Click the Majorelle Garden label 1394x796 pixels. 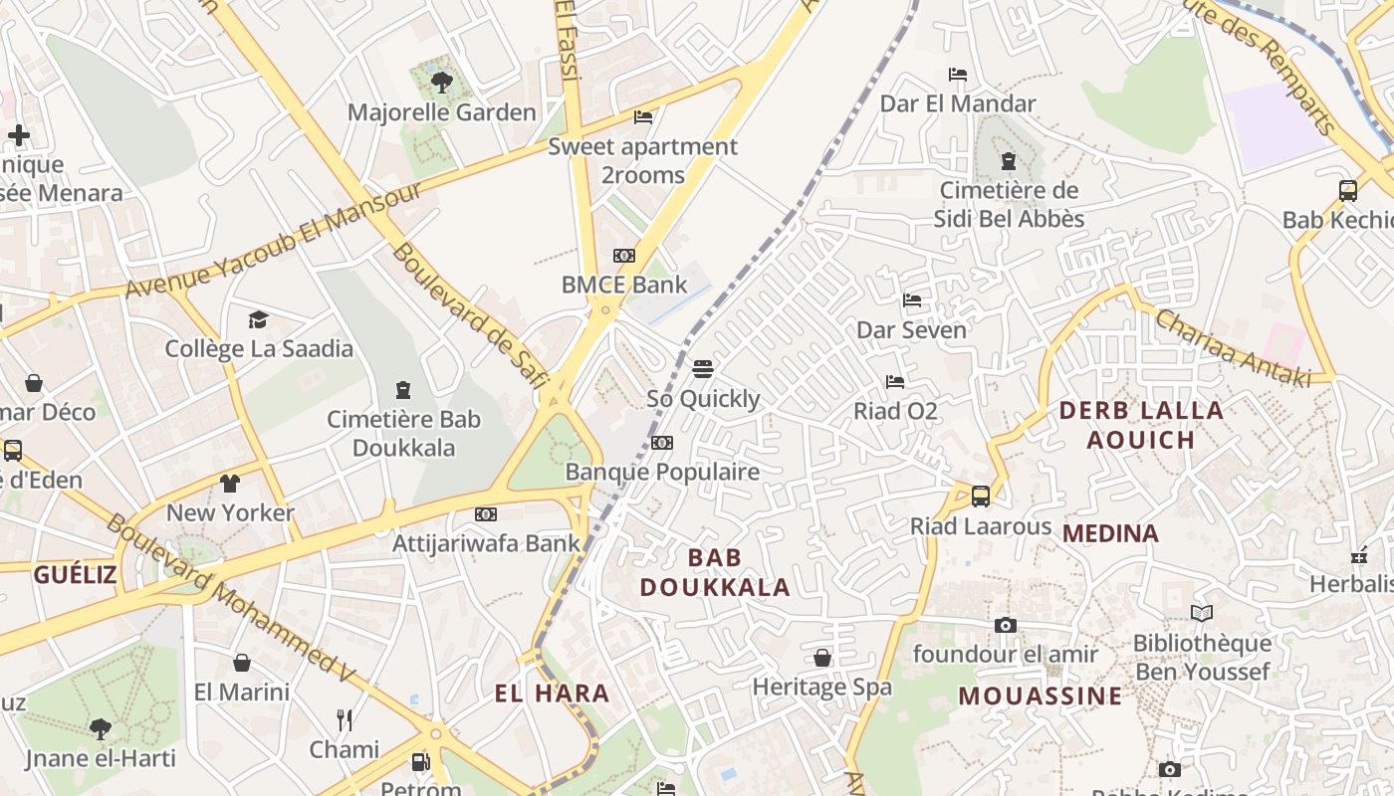(x=441, y=112)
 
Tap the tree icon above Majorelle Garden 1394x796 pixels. (x=441, y=82)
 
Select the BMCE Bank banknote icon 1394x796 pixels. (x=624, y=256)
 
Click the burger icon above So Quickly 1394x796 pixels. (x=703, y=369)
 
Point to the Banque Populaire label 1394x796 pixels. (x=662, y=472)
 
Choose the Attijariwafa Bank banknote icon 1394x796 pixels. (x=486, y=514)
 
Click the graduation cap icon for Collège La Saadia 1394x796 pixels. (x=259, y=319)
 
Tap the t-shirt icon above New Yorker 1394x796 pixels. (x=230, y=484)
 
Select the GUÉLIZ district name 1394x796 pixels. (x=76, y=574)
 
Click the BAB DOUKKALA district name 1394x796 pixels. (x=715, y=572)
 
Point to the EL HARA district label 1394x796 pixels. (x=552, y=694)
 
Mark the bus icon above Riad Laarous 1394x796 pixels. (x=981, y=496)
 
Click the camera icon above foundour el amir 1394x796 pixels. (x=1006, y=625)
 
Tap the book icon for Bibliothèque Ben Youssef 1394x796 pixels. (x=1202, y=613)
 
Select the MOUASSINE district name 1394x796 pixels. (x=1041, y=696)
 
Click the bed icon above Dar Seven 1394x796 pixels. (x=912, y=300)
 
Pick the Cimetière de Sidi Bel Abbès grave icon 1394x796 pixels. (x=1009, y=160)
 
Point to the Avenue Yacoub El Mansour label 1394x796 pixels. (x=274, y=240)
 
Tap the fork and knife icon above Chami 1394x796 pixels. (x=345, y=719)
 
